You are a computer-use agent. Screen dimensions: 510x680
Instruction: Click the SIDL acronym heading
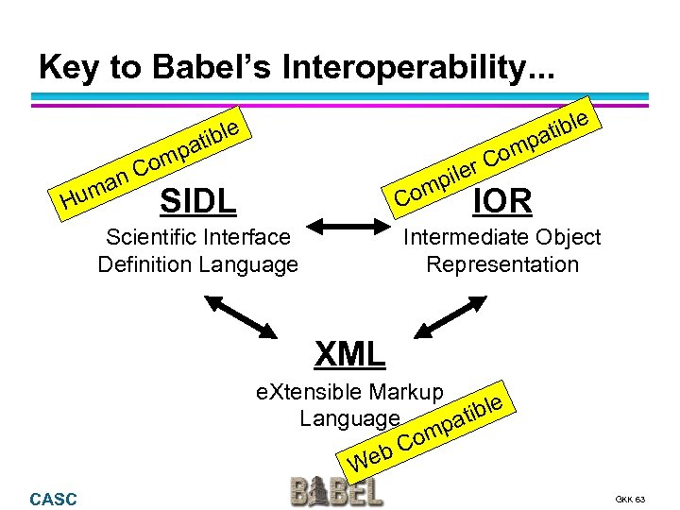pos(198,200)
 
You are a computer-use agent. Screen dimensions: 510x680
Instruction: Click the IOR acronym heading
pos(501,200)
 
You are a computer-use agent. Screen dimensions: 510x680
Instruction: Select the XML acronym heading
pos(349,354)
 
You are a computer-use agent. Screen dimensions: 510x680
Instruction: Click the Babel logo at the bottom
pos(336,490)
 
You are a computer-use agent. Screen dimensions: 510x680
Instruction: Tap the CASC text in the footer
pos(54,499)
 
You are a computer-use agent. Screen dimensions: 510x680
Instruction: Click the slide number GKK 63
pos(629,499)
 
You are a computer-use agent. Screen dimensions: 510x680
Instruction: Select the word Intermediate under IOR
pos(461,236)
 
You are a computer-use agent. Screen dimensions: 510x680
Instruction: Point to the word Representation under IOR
pos(502,264)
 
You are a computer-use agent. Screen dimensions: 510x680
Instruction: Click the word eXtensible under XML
pos(311,392)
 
